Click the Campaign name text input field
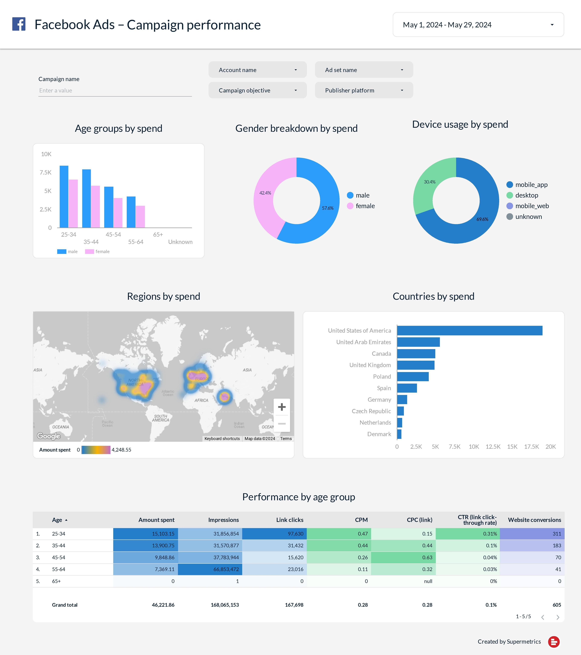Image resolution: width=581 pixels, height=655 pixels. (x=115, y=90)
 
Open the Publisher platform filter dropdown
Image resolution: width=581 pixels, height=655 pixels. (x=364, y=90)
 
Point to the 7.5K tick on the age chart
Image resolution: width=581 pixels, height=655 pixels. (x=46, y=172)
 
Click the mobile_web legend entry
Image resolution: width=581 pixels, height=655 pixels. (x=532, y=206)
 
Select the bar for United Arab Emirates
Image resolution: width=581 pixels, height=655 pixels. (x=418, y=342)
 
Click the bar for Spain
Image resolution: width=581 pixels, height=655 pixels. (x=407, y=388)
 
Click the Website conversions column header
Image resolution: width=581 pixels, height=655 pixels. (x=534, y=520)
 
